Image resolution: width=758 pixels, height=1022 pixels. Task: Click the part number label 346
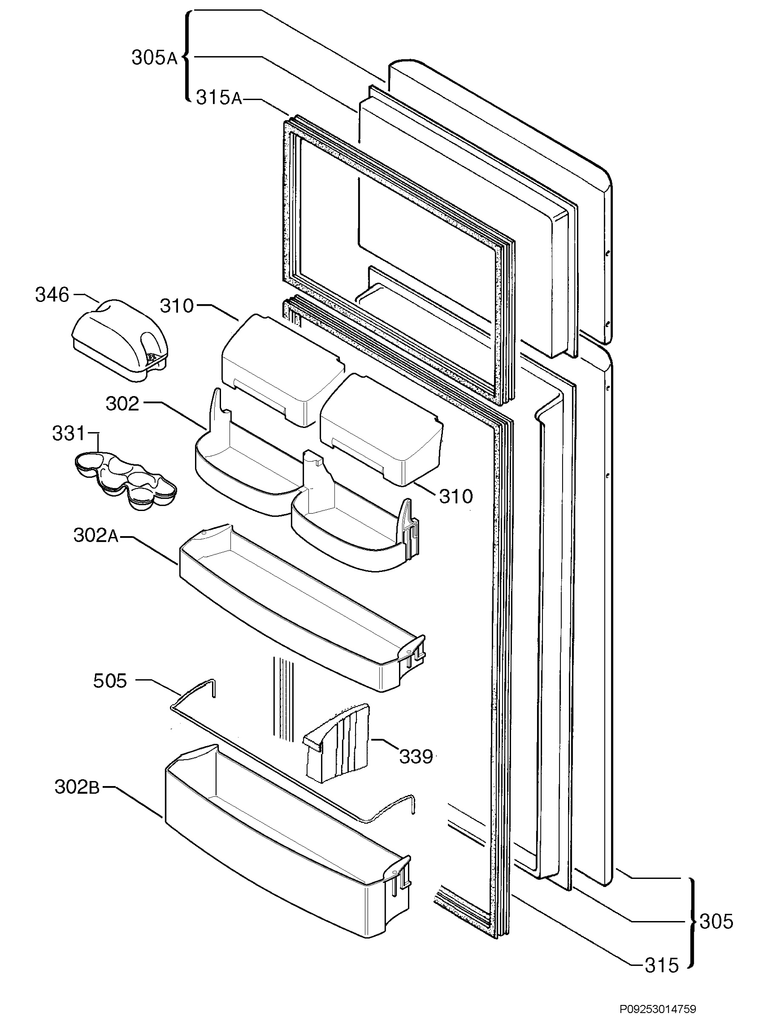tap(52, 295)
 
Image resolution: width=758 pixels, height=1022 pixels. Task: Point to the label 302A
tap(96, 535)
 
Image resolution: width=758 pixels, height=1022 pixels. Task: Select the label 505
tap(110, 681)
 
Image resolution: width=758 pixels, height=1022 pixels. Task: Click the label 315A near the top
tap(219, 98)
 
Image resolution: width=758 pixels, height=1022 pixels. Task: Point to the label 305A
tap(154, 58)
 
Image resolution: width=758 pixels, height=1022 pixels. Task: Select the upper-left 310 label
tap(177, 306)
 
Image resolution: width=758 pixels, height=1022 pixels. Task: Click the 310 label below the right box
tap(456, 497)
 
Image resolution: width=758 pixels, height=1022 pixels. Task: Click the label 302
tap(122, 404)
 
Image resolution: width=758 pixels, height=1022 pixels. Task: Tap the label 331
tap(69, 433)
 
